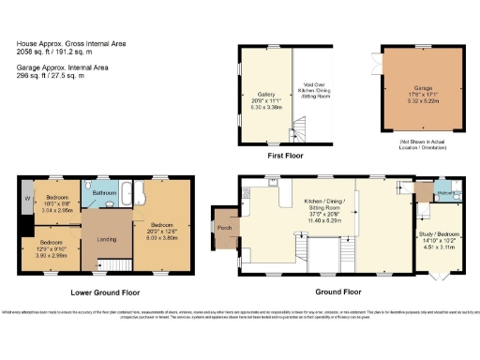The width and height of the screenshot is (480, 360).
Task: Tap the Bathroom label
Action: click(104, 190)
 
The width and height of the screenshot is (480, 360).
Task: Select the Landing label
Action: click(107, 238)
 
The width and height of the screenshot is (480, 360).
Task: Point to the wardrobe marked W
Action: click(27, 200)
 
